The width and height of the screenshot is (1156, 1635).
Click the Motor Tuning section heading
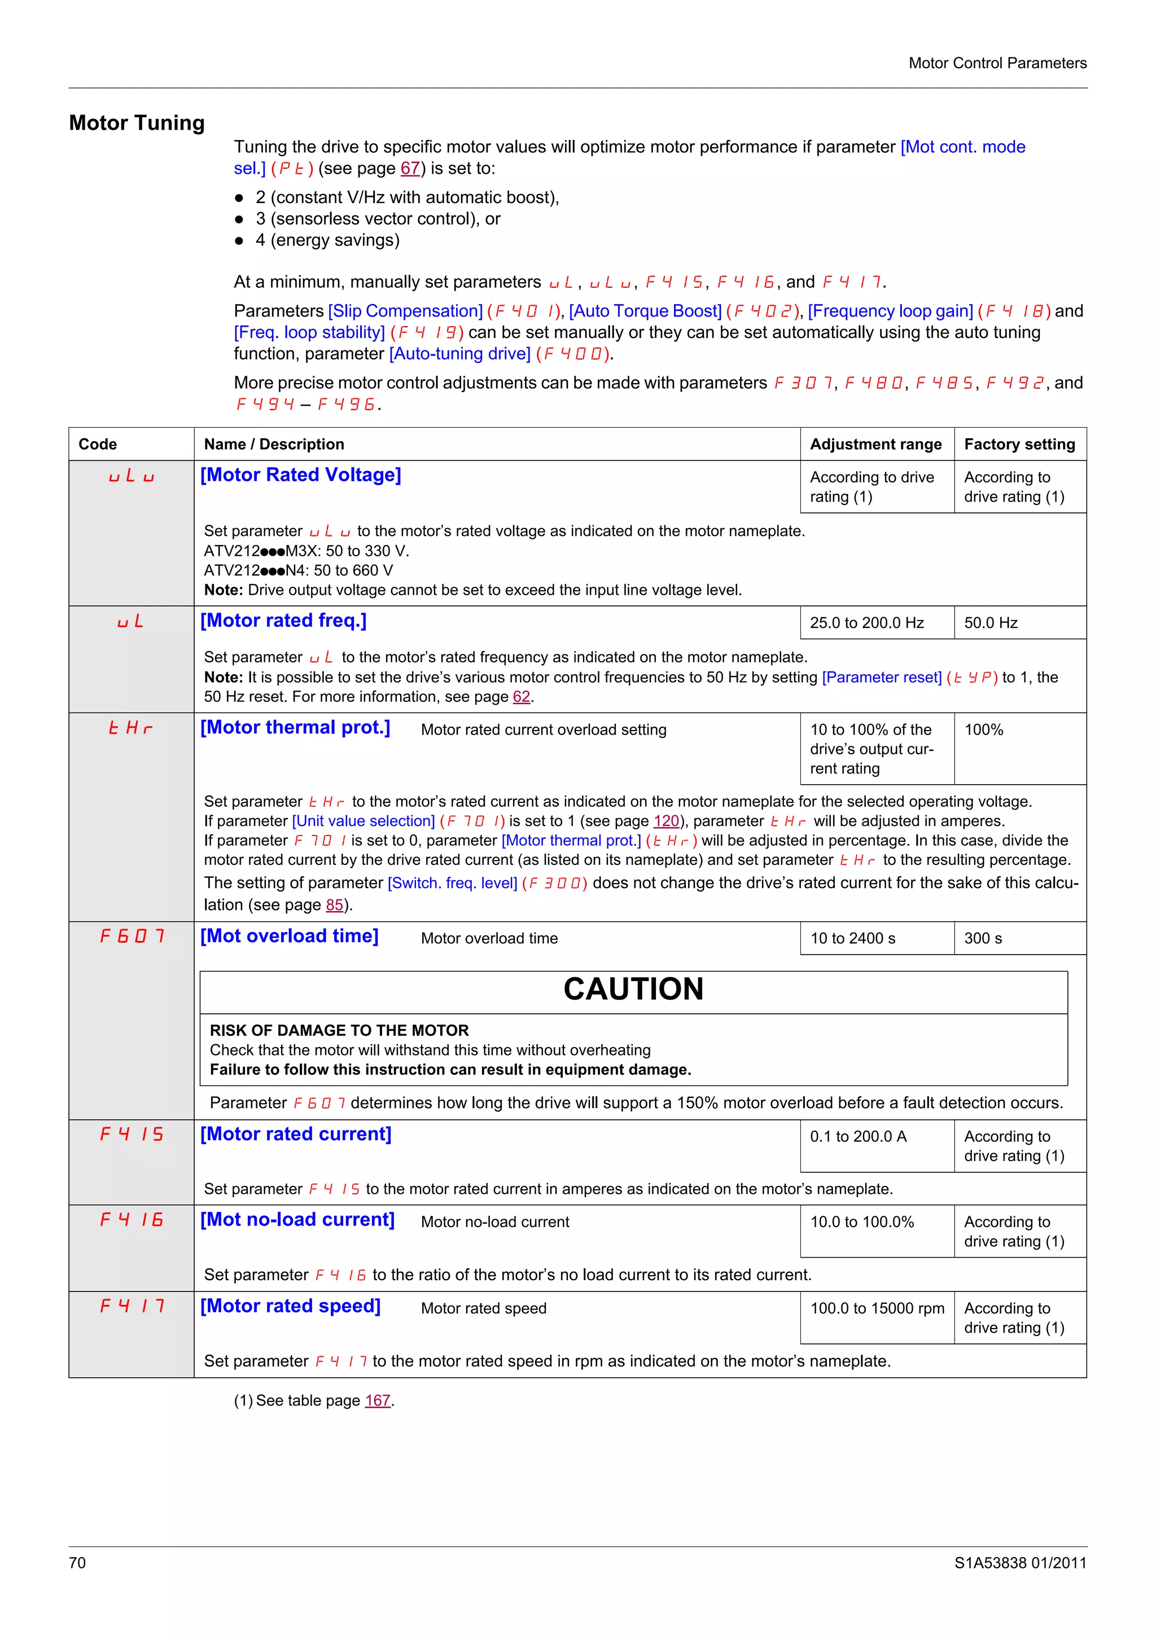pyautogui.click(x=137, y=123)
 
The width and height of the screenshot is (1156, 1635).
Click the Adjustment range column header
pyautogui.click(x=875, y=445)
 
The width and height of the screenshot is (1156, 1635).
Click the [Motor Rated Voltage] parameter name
pyautogui.click(x=301, y=475)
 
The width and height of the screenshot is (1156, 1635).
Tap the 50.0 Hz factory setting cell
pyautogui.click(x=990, y=623)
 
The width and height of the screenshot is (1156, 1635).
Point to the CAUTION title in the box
pyautogui.click(x=633, y=989)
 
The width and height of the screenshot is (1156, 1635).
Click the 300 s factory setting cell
pyautogui.click(x=982, y=939)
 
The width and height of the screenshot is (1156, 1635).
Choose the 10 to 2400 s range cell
pyautogui.click(x=852, y=939)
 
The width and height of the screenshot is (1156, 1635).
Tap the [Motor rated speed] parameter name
pyautogui.click(x=290, y=1306)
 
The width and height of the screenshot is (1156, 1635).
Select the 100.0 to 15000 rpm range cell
pyautogui.click(x=877, y=1309)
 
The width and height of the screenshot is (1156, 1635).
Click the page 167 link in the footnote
pyautogui.click(x=378, y=1401)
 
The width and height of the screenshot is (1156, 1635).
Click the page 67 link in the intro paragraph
pyautogui.click(x=410, y=169)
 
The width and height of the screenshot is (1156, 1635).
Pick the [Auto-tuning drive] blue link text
pyautogui.click(x=459, y=354)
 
